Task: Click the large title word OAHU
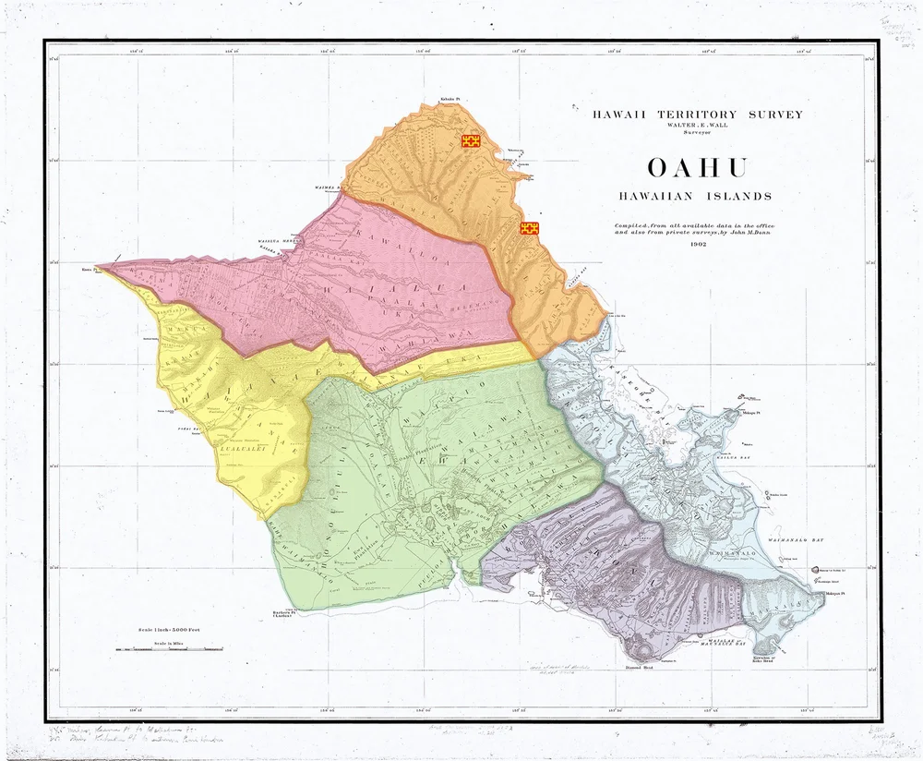pos(697,168)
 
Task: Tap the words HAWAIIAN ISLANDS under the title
pos(697,196)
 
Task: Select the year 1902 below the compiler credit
pos(697,245)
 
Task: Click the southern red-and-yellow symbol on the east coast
pos(530,228)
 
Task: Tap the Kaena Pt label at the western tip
pos(89,271)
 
